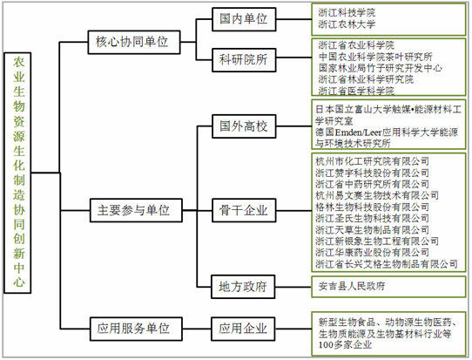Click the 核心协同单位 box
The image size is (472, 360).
click(x=134, y=42)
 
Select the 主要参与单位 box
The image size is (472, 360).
click(x=136, y=210)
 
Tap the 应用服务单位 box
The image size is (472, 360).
click(x=136, y=329)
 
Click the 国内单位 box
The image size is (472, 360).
click(x=244, y=19)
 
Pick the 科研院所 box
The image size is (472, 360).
click(x=244, y=60)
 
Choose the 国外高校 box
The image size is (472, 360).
click(x=244, y=126)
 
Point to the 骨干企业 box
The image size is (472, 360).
click(x=244, y=210)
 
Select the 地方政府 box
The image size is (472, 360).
click(x=243, y=287)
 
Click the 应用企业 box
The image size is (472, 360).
click(x=243, y=329)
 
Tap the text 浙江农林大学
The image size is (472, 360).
click(x=347, y=24)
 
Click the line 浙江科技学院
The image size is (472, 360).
click(x=347, y=13)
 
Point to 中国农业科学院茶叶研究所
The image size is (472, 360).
click(x=375, y=57)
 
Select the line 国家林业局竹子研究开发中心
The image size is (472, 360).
click(x=381, y=68)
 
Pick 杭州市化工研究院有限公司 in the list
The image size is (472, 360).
click(x=372, y=161)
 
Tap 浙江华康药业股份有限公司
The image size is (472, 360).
click(x=372, y=253)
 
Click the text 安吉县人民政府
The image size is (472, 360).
click(x=352, y=286)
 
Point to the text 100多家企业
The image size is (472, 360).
click(x=345, y=345)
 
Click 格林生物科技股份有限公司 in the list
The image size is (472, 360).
click(x=372, y=207)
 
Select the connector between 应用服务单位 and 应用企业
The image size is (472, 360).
click(x=197, y=329)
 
